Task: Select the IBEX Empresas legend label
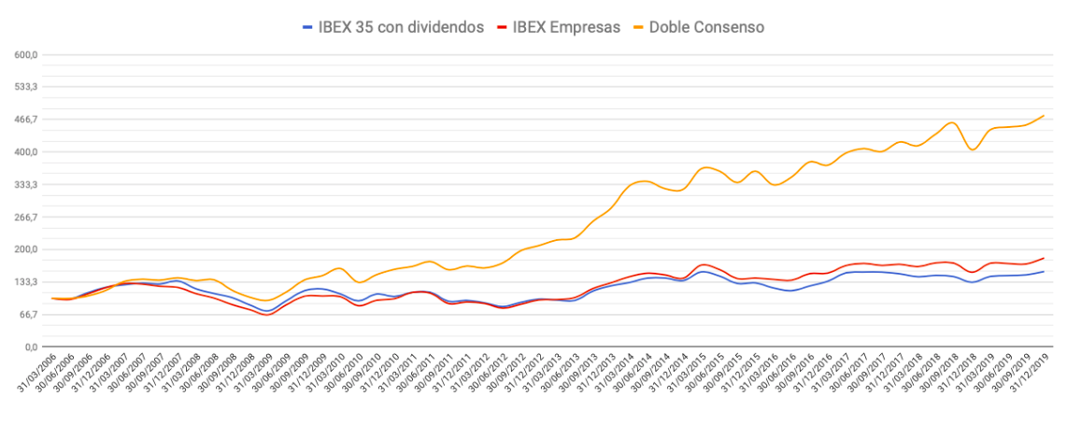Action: [564, 27]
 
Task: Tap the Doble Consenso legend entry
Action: [709, 27]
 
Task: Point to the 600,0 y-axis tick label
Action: [25, 54]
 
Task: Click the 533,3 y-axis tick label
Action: [25, 87]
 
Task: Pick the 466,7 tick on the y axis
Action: [25, 120]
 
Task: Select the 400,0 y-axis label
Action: [25, 152]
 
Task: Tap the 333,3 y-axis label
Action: [25, 185]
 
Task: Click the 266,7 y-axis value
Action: [25, 218]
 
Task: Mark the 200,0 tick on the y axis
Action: [25, 249]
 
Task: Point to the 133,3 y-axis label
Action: [25, 282]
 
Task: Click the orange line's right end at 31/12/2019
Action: [1044, 116]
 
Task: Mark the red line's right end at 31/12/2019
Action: [1044, 258]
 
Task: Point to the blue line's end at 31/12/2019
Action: [1044, 272]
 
